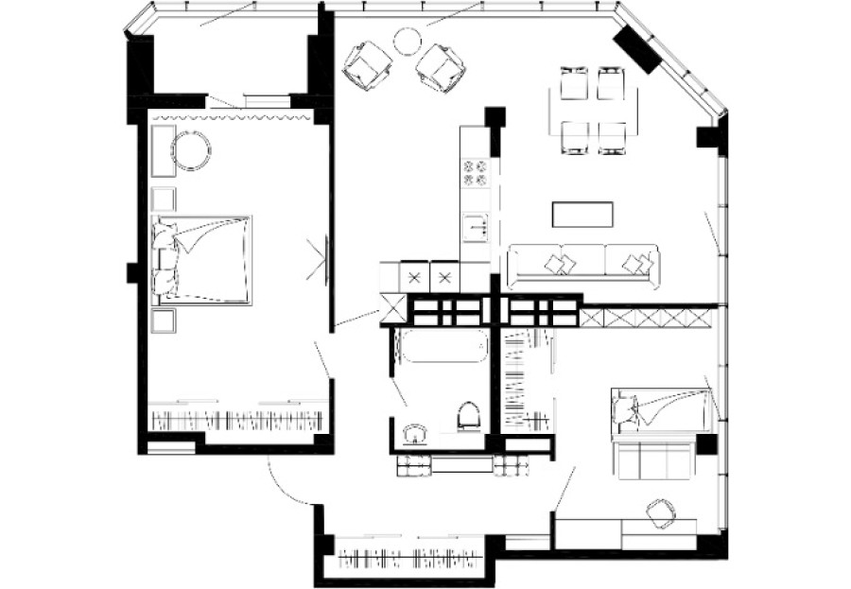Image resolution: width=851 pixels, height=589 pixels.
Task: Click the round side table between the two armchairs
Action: click(x=406, y=41)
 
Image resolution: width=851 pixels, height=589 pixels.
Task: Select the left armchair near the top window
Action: click(x=368, y=65)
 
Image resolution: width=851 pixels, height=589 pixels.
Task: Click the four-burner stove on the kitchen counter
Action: click(x=474, y=172)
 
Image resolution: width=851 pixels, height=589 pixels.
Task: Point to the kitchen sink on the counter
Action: click(x=475, y=226)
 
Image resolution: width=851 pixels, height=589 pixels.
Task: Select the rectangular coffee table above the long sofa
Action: click(x=581, y=214)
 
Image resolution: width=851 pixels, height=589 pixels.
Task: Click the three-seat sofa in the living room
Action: click(x=582, y=265)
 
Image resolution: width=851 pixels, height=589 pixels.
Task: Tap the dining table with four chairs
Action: click(x=593, y=110)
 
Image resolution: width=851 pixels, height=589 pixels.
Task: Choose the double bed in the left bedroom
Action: click(x=202, y=259)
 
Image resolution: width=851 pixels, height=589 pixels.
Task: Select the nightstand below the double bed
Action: click(x=164, y=320)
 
